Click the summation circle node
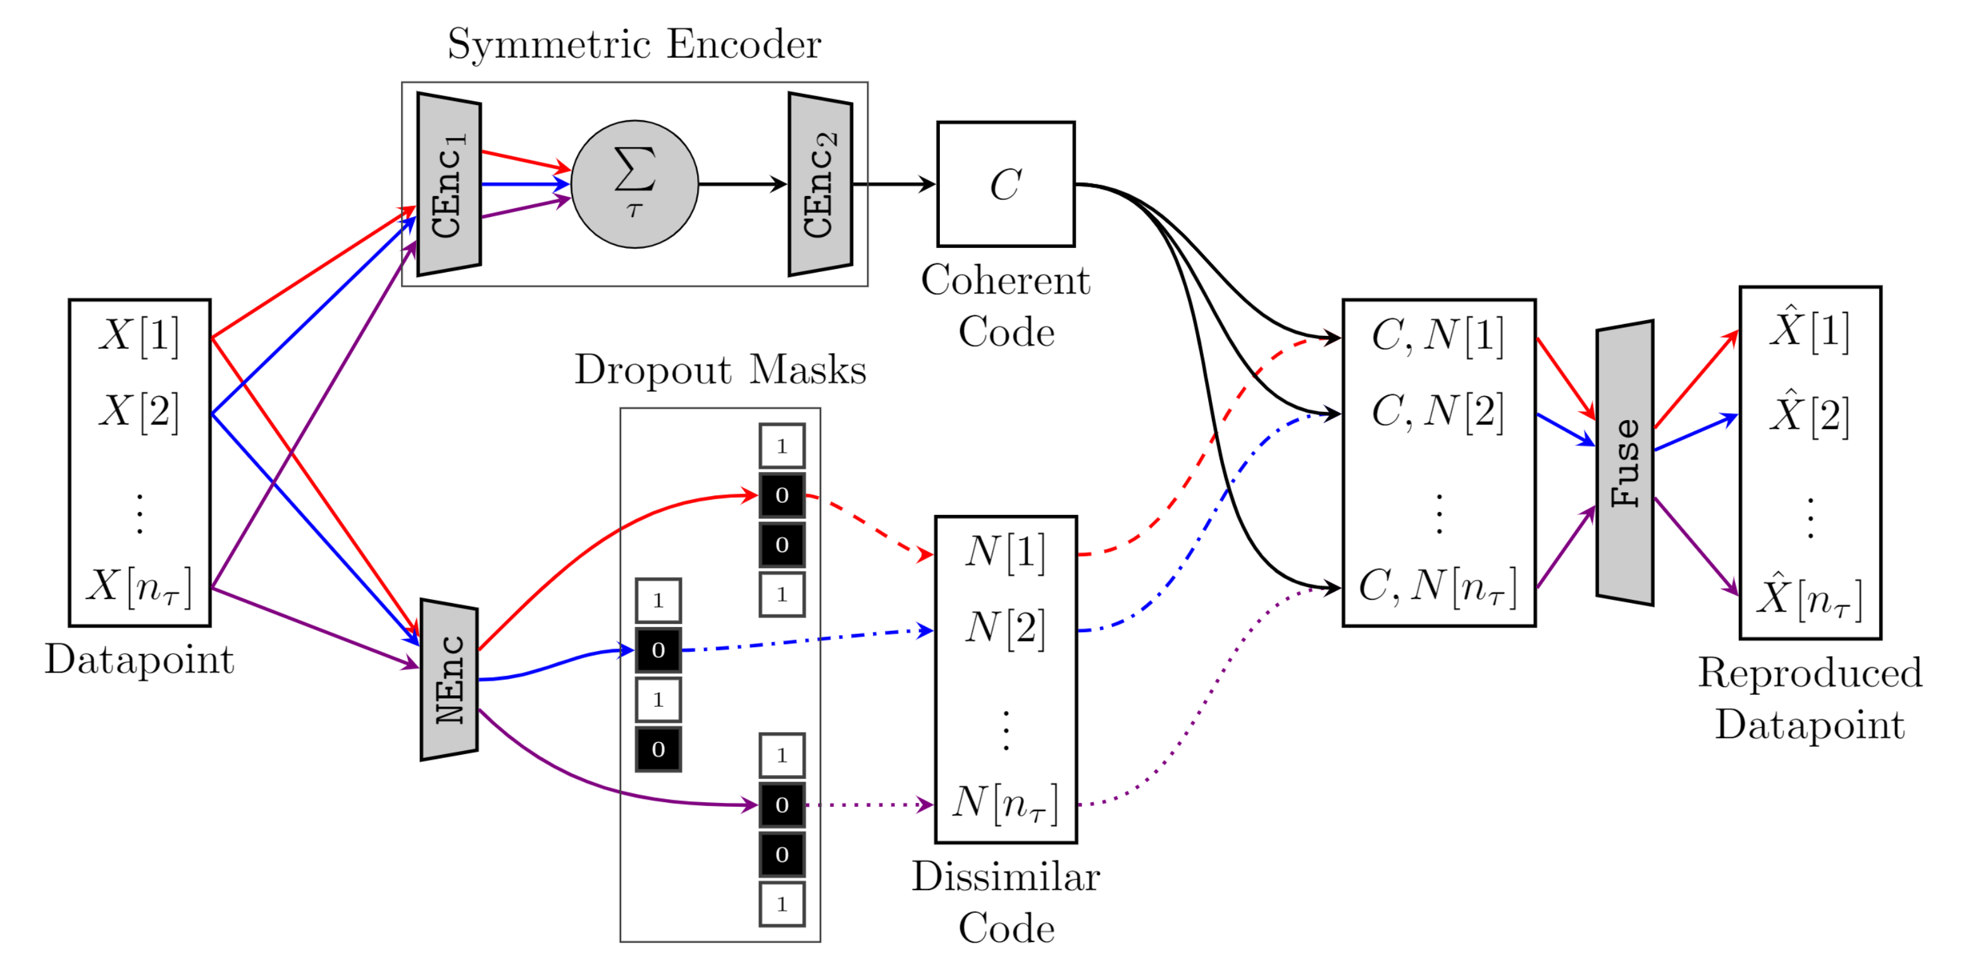pyautogui.click(x=634, y=184)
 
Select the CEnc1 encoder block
pyautogui.click(x=449, y=184)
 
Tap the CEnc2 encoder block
pyautogui.click(x=820, y=184)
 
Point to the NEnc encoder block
pyautogui.click(x=449, y=679)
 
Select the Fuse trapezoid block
pyautogui.click(x=1624, y=463)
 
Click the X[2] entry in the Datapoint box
pyautogui.click(x=139, y=411)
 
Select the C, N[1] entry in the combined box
pyautogui.click(x=1437, y=336)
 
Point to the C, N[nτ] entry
pyautogui.click(x=1437, y=586)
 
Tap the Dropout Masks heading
pyautogui.click(x=720, y=369)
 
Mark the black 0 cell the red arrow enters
pyautogui.click(x=781, y=495)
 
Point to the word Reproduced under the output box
pyautogui.click(x=1809, y=673)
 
